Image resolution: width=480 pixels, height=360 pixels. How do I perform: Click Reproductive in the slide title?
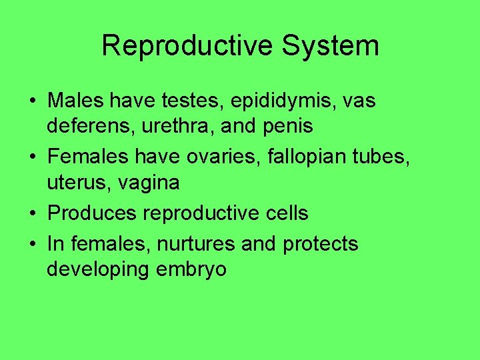click(187, 47)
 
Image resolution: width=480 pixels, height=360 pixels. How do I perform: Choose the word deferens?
click(87, 125)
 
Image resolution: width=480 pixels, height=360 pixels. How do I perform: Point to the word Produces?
click(89, 213)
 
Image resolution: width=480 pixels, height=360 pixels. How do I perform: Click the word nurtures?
click(195, 244)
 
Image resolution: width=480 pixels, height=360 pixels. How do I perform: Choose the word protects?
click(320, 244)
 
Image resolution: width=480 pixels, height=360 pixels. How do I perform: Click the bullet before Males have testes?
click(32, 102)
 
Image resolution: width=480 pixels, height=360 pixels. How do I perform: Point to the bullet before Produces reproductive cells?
click(32, 213)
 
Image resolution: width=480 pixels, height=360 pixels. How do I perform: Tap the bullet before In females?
click(32, 245)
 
